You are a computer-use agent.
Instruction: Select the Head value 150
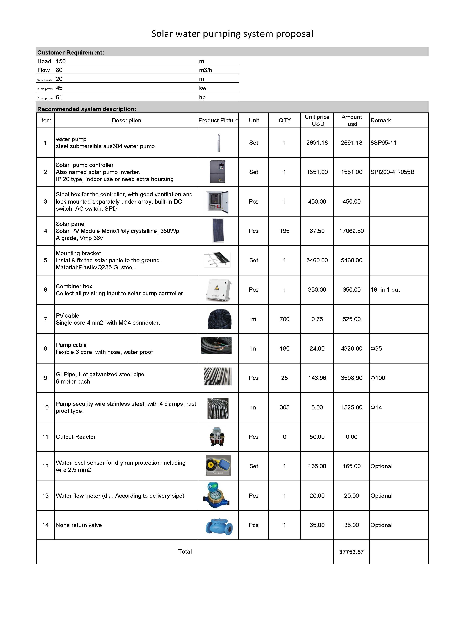(61, 61)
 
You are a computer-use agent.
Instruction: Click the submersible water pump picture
(218, 143)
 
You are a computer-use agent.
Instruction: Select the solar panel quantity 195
(284, 231)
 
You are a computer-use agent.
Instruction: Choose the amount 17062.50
(352, 231)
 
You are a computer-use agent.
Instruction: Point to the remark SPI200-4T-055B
(392, 172)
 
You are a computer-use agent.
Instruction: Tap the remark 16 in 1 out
(385, 290)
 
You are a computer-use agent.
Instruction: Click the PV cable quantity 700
(284, 319)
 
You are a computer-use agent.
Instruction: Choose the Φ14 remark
(376, 407)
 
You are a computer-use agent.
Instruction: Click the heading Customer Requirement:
(71, 53)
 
